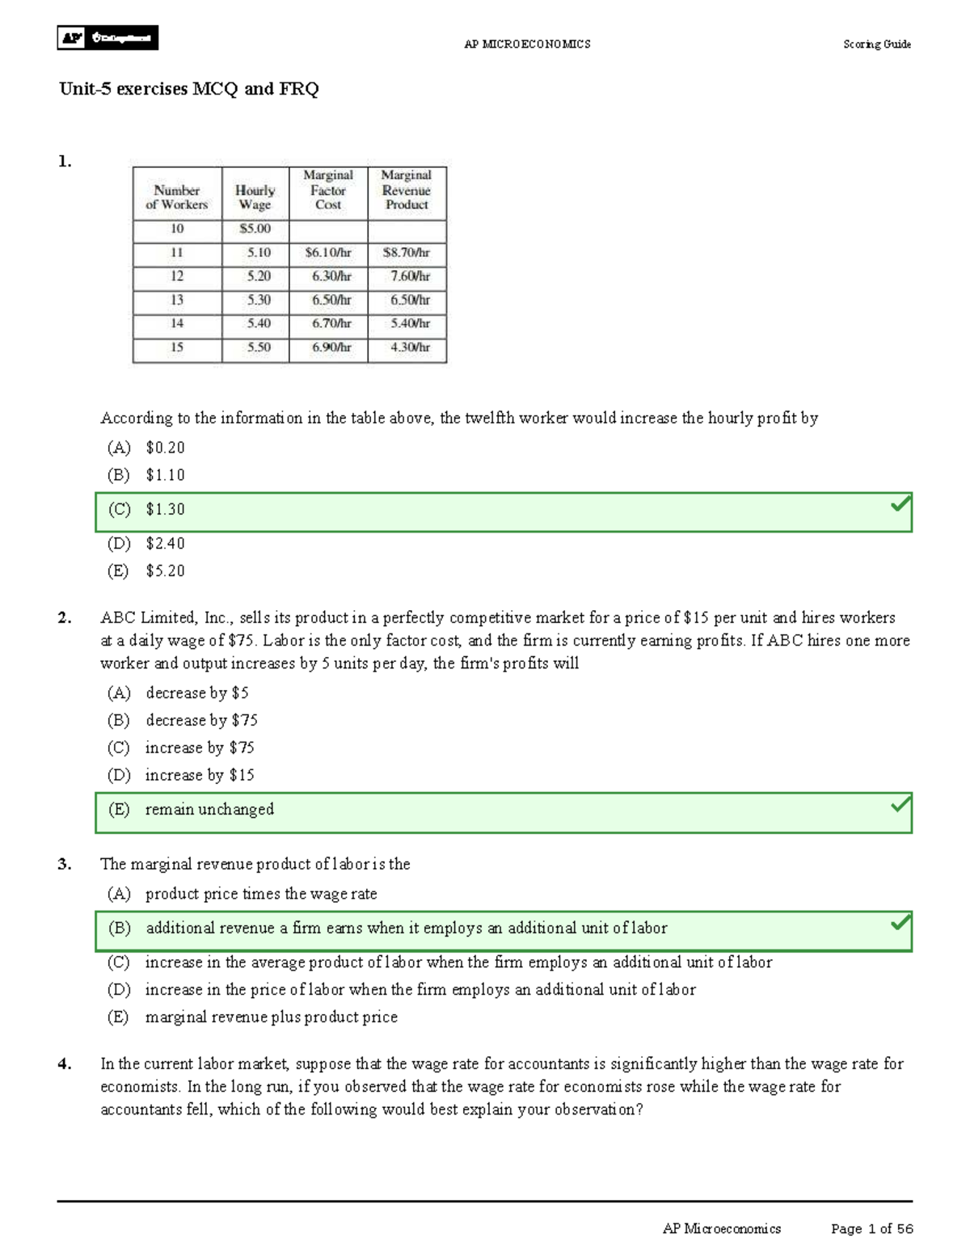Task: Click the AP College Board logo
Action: coord(107,38)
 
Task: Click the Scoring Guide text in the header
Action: coord(876,44)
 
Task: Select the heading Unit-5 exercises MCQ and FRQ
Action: coord(188,89)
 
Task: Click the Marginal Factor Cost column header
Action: coord(328,191)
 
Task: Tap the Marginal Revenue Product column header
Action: coord(407,191)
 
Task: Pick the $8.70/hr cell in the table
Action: coord(407,253)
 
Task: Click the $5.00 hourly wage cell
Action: coord(255,229)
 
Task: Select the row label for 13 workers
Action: coord(176,300)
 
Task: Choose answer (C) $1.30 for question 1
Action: coord(165,510)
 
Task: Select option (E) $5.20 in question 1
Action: coord(165,571)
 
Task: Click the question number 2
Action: coord(64,618)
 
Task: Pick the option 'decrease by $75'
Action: coord(200,720)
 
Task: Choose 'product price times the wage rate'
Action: coord(260,894)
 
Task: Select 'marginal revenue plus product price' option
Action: coord(271,1017)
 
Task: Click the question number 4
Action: coord(64,1064)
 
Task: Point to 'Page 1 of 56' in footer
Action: coord(871,1229)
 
